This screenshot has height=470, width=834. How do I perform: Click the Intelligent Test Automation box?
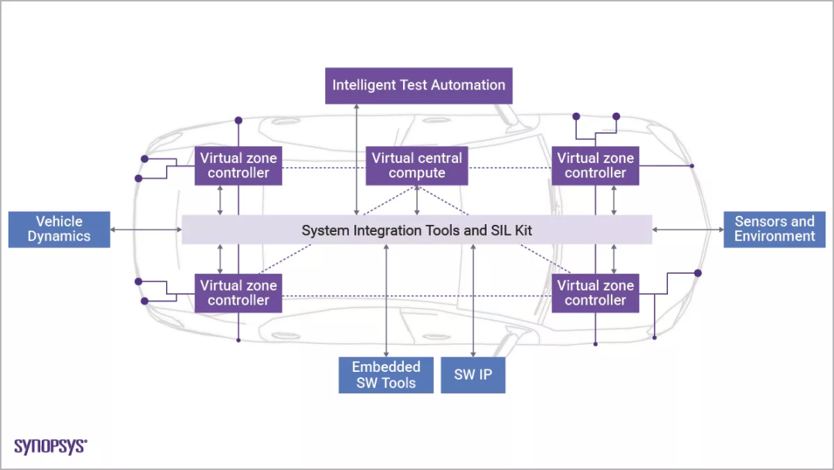point(419,85)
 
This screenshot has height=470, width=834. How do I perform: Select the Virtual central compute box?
point(417,165)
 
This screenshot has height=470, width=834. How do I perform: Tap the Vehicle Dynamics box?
point(59,230)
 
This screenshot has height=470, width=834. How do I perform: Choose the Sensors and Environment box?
point(775,230)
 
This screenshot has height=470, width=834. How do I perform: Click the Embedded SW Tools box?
point(386,375)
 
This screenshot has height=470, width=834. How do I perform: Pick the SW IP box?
point(473,375)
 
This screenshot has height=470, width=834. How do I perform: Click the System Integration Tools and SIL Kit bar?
point(417,230)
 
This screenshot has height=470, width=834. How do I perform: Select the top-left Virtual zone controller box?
point(239,165)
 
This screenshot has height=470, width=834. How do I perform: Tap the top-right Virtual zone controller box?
point(595,165)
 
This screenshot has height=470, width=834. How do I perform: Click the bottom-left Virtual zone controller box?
point(239,293)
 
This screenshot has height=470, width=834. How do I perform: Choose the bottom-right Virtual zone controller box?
point(595,293)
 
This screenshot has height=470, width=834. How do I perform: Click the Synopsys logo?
point(51,446)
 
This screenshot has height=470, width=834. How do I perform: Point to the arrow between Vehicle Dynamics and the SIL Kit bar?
point(146,230)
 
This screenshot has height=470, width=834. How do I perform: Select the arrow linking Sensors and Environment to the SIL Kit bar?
point(688,230)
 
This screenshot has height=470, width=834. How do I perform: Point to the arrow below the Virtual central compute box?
point(417,200)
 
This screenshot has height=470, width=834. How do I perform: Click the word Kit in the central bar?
point(521,230)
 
